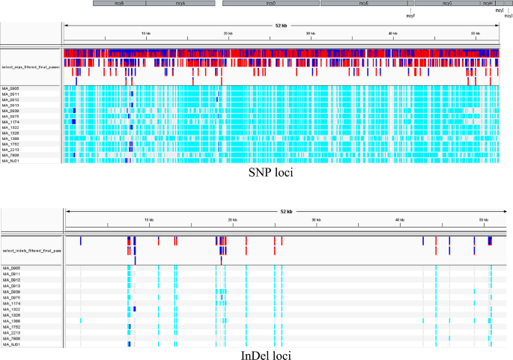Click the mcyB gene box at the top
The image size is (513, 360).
[x=119, y=4]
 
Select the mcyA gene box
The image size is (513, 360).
[x=180, y=4]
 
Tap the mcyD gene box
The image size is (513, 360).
[x=270, y=4]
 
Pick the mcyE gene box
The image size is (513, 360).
[x=364, y=4]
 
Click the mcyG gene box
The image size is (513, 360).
[x=447, y=4]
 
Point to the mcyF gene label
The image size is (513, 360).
[x=410, y=15]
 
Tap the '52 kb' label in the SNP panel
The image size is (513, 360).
[x=280, y=25]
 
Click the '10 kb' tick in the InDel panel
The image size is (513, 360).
[x=149, y=219]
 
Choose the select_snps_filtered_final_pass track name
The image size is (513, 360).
[x=31, y=67]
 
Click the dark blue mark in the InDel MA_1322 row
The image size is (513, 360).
[x=135, y=308]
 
